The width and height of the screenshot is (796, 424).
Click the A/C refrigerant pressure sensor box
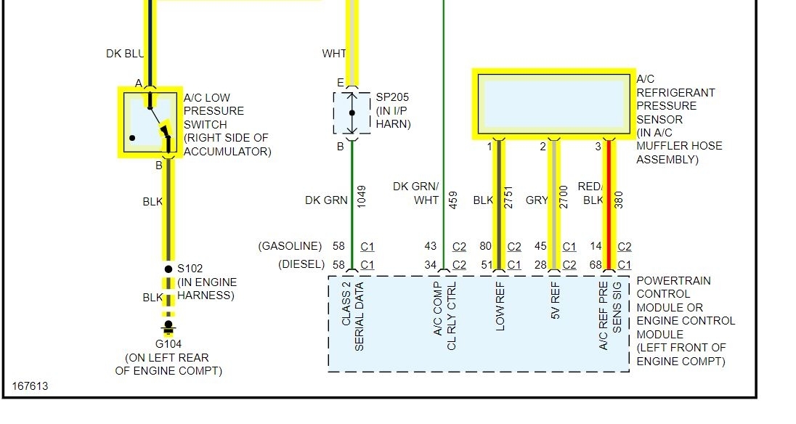553,104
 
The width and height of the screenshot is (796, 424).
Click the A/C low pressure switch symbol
150,121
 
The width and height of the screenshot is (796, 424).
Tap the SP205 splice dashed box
352,113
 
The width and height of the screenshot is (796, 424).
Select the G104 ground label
168,343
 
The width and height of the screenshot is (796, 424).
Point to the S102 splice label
190,269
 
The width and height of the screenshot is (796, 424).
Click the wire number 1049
362,196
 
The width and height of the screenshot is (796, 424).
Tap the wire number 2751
509,197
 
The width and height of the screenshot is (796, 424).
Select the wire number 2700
564,197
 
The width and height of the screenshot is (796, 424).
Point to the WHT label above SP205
334,54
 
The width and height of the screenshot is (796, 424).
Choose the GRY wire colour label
537,200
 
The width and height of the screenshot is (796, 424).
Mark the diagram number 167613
30,386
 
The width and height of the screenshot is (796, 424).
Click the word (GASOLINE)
290,247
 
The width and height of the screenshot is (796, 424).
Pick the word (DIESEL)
301,264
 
